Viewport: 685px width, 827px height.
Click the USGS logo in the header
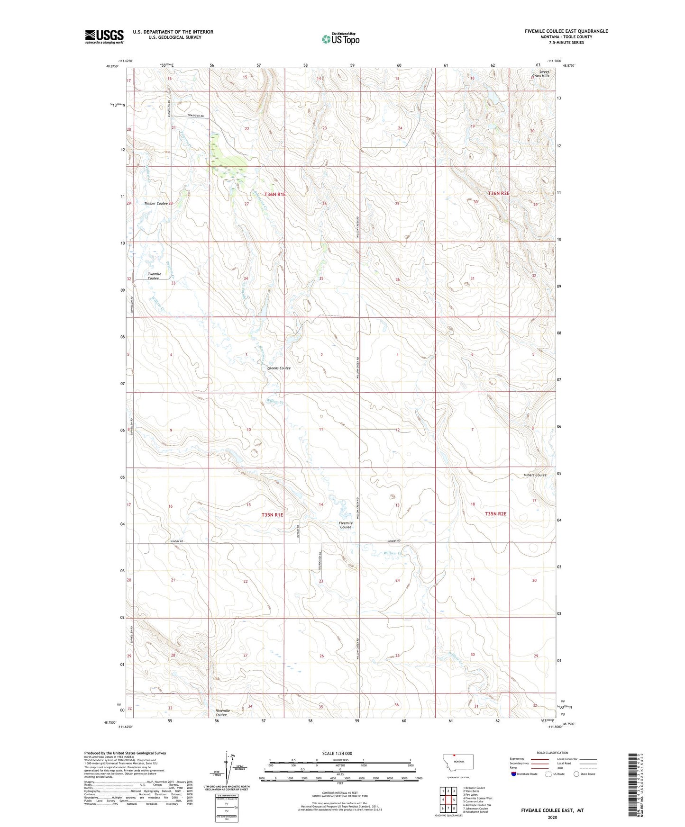pos(104,36)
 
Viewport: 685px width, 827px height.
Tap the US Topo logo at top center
pos(340,38)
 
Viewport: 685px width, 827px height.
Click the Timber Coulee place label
pos(156,203)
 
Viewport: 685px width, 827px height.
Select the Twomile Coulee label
pos(154,276)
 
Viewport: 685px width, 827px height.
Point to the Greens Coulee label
pos(279,368)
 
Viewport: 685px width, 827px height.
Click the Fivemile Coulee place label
pos(345,525)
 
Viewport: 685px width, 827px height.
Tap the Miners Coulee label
pos(535,475)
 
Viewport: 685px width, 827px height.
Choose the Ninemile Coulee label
pos(222,712)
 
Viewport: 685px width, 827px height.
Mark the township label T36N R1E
pos(275,194)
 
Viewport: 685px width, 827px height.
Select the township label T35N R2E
pos(495,514)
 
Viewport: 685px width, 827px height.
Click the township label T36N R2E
pos(499,193)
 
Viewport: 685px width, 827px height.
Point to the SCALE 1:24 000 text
pos(337,753)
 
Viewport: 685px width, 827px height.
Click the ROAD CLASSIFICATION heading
pos(552,753)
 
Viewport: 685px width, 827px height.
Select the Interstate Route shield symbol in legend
pos(514,774)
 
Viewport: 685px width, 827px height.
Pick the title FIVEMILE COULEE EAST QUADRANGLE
pos(566,31)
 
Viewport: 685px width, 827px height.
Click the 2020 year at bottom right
pos(552,817)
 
